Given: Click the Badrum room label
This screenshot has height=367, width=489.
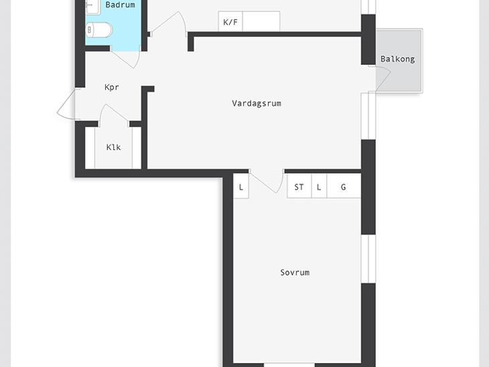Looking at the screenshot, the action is [x=120, y=5].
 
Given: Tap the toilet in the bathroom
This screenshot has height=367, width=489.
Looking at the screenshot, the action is [x=98, y=30].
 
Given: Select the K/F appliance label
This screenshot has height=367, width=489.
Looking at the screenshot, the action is [x=230, y=22].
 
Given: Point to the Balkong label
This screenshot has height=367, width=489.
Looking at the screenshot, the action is [x=398, y=59].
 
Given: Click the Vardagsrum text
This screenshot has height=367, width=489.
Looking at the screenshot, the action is [x=257, y=103].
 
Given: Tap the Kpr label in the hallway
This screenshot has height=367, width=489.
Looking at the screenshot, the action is [x=112, y=87].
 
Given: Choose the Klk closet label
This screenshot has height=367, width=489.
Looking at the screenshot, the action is [x=113, y=147].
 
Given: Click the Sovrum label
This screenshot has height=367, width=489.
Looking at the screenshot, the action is [x=295, y=273].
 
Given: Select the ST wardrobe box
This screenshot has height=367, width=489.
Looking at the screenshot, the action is [x=299, y=186].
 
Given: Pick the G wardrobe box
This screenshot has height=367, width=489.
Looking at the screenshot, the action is [x=344, y=186].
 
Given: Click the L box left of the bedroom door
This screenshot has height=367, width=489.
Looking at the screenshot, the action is [x=241, y=186].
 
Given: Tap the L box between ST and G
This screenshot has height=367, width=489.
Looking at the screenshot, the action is [x=319, y=186].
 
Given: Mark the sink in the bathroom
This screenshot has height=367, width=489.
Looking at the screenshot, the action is [x=93, y=7].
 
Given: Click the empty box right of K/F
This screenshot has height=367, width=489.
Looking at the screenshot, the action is [x=261, y=21].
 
